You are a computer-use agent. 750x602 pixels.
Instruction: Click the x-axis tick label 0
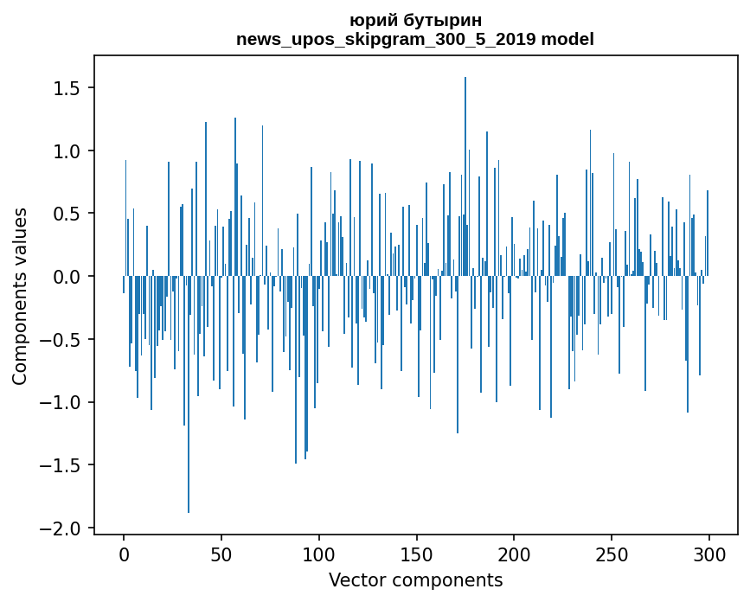[x=124, y=554]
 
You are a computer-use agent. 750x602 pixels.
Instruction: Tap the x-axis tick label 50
[x=221, y=554]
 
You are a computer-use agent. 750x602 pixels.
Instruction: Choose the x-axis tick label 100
[x=319, y=554]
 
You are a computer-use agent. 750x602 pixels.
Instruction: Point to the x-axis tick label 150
[x=417, y=554]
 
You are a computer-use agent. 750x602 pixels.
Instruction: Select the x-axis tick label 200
[x=514, y=554]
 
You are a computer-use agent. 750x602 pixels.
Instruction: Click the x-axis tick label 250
[x=612, y=554]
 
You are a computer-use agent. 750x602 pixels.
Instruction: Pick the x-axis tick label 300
[x=709, y=554]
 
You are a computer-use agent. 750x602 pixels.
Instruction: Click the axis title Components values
[x=20, y=296]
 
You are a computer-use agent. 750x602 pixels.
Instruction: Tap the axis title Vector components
[x=415, y=580]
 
